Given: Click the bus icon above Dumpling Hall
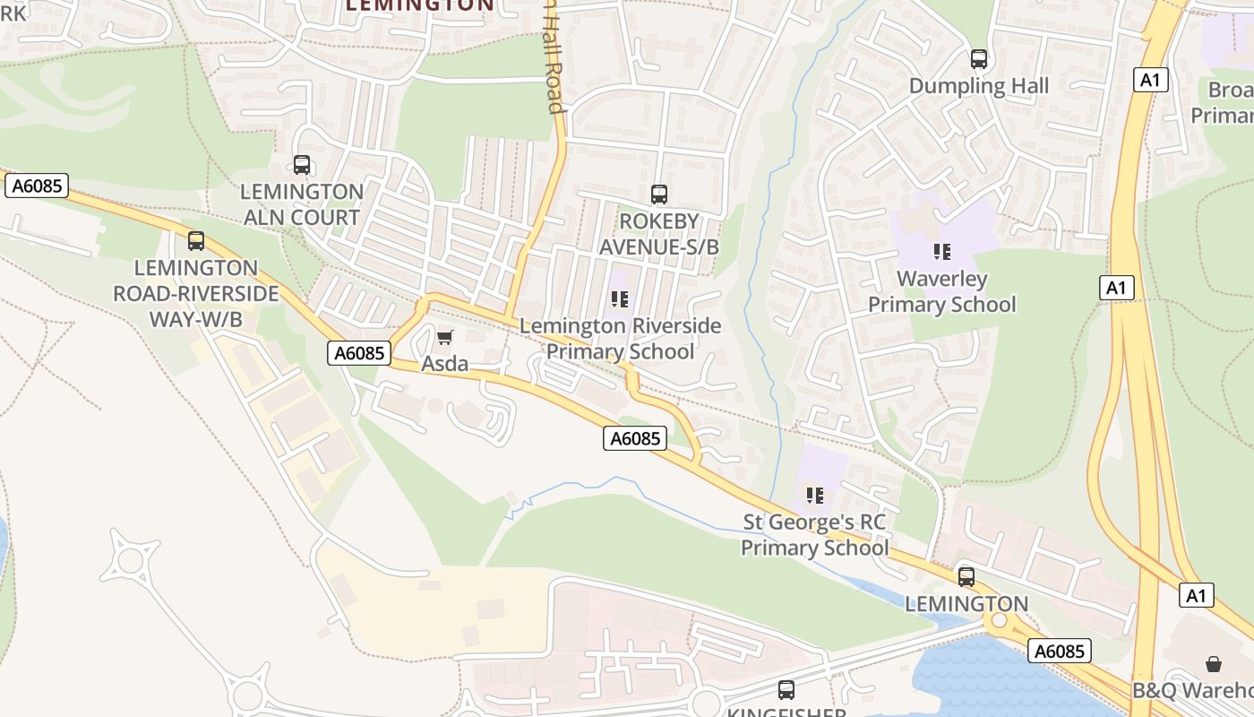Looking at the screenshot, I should click(979, 59).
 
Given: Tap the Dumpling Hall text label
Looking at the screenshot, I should click(979, 86).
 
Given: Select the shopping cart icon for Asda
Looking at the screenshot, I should click(445, 337).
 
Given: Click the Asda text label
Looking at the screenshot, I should click(445, 363).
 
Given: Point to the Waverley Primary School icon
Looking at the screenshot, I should click(941, 252).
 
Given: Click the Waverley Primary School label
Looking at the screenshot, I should click(941, 291).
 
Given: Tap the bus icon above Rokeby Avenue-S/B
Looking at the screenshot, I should click(659, 194).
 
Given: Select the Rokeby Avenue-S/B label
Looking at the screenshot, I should click(659, 233).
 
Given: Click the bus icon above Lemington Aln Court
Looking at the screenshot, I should click(302, 165).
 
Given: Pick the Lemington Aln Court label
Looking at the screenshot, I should click(302, 204).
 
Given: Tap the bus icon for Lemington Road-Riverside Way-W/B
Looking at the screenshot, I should click(196, 241).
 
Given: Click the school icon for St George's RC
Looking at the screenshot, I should click(815, 495).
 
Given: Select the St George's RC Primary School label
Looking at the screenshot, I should click(815, 534).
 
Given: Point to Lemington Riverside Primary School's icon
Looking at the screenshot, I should click(620, 299).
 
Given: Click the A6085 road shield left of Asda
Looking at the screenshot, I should click(359, 353).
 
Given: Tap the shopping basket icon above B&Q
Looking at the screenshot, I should click(1214, 663).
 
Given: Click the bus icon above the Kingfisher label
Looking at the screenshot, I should click(786, 689).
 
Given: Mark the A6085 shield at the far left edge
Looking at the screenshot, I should click(37, 186).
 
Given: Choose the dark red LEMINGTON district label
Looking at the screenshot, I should click(419, 5).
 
